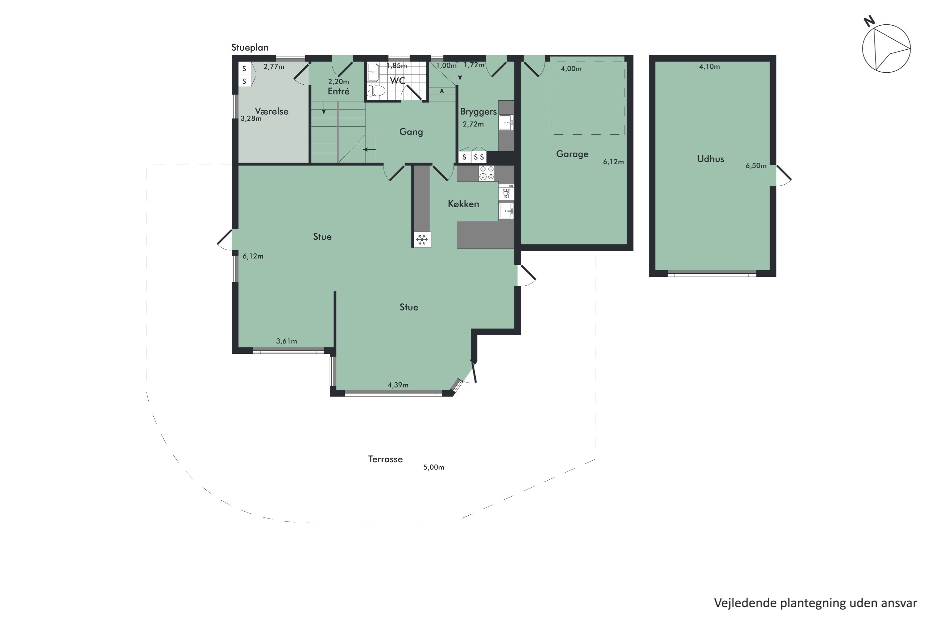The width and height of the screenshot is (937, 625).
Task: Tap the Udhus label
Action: click(710, 159)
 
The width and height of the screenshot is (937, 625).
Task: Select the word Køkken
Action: click(463, 204)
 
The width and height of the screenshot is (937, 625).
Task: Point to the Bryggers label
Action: click(478, 112)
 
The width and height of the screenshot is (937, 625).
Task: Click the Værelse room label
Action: click(272, 111)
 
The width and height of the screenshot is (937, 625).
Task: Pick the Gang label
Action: click(411, 132)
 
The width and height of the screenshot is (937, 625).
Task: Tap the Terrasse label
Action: click(385, 459)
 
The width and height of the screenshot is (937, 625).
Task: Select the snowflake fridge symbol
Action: click(422, 240)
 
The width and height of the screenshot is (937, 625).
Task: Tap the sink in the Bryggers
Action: click(506, 123)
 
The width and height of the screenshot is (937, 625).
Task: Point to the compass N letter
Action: click(869, 21)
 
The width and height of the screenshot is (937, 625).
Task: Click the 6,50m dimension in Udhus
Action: click(756, 166)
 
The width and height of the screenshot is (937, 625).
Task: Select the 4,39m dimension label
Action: click(398, 385)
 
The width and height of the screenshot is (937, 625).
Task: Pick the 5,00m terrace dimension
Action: click(434, 467)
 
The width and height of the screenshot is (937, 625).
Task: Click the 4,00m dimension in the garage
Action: click(571, 68)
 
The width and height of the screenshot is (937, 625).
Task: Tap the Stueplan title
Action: click(250, 47)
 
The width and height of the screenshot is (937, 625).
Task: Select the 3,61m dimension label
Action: click(286, 341)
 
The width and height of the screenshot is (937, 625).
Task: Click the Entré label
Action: click(339, 91)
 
